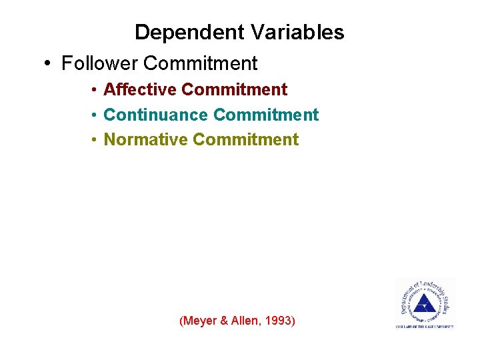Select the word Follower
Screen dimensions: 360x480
coord(99,63)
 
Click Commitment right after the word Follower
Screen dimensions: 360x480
coord(200,63)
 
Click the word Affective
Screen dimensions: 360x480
coord(140,89)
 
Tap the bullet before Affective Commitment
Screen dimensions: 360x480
coord(96,90)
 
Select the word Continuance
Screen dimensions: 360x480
coord(156,115)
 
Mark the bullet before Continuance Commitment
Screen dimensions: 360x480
coord(96,115)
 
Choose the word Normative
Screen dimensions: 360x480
coord(146,139)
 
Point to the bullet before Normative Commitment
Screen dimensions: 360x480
coord(96,140)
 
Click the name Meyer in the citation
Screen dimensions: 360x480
coord(198,321)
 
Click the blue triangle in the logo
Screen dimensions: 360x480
coord(423,305)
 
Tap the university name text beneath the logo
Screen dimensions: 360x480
coord(425,326)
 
